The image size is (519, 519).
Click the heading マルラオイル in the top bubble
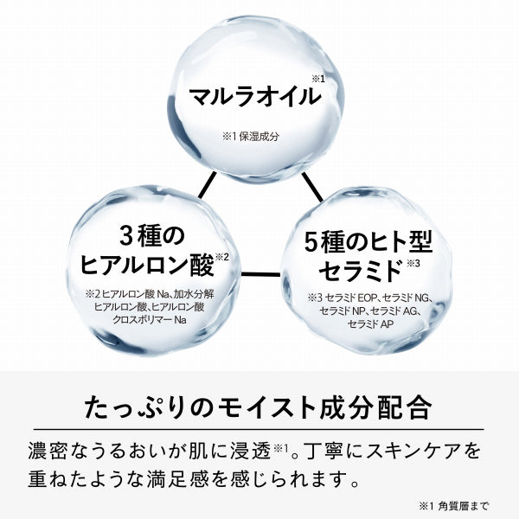[255, 96]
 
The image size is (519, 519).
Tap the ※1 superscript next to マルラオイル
[318, 80]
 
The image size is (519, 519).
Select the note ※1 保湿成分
[251, 137]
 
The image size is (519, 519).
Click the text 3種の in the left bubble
[152, 235]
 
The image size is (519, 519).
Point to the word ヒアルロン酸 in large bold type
[147, 266]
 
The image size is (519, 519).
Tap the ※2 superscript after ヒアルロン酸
[221, 257]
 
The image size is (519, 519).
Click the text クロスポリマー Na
[150, 320]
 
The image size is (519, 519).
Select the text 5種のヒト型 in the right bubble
[368, 241]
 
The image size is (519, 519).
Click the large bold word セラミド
[360, 272]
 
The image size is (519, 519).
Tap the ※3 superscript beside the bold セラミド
[413, 264]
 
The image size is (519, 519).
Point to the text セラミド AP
[370, 324]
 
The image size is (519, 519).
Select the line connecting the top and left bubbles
[208, 185]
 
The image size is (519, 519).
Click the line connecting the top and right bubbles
[312, 187]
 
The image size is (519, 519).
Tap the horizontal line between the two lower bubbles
[261, 274]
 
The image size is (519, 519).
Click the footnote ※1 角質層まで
[453, 506]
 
